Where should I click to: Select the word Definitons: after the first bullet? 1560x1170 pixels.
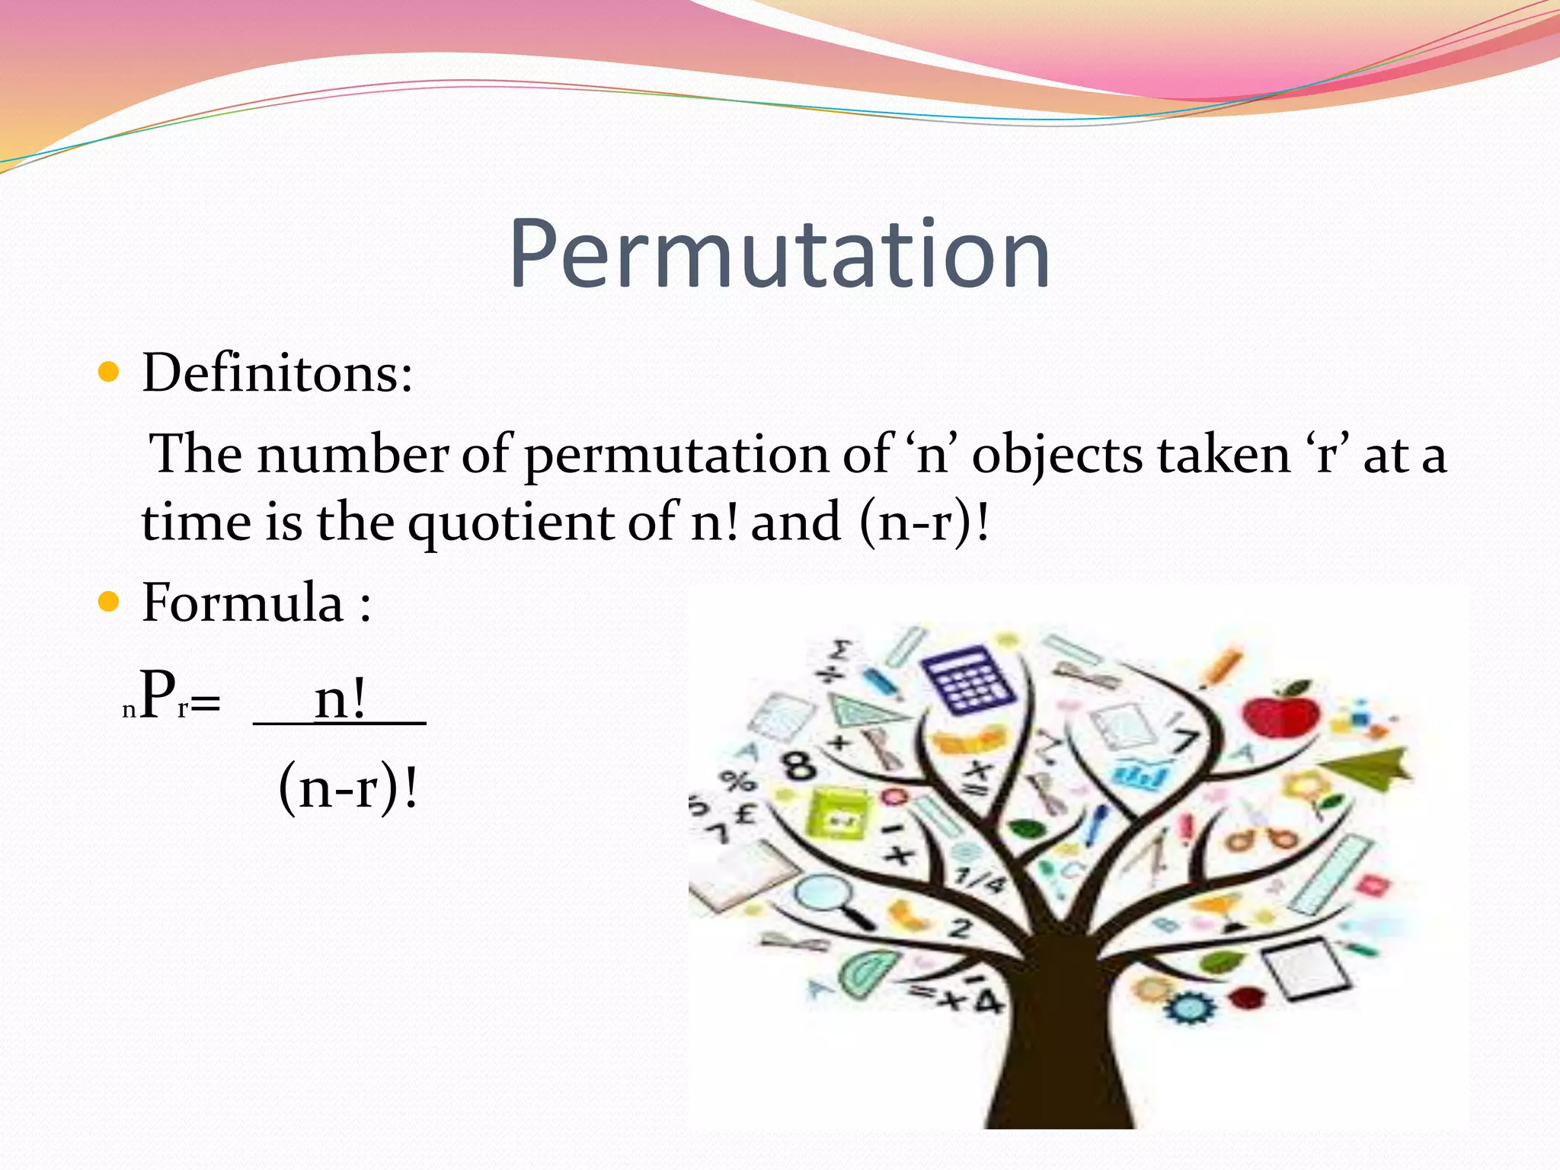pyautogui.click(x=277, y=373)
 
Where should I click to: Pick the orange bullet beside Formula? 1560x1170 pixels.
pyautogui.click(x=110, y=603)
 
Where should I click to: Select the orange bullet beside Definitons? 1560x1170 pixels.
pyautogui.click(x=110, y=372)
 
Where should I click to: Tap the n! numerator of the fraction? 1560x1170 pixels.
pyautogui.click(x=340, y=699)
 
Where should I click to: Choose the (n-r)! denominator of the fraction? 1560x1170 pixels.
pyautogui.click(x=348, y=788)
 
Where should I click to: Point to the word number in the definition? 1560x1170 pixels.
pyautogui.click(x=352, y=456)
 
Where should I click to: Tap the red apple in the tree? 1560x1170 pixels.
pyautogui.click(x=1282, y=710)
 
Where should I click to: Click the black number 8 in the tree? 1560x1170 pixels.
pyautogui.click(x=799, y=764)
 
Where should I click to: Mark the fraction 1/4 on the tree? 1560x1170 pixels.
pyautogui.click(x=980, y=881)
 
